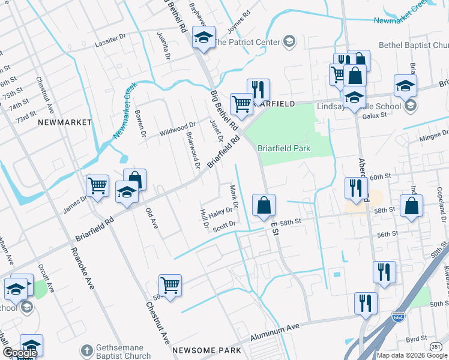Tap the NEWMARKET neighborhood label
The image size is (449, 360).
(x=65, y=122)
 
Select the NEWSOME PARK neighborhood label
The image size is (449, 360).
(x=206, y=350)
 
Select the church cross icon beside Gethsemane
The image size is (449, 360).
(x=87, y=350)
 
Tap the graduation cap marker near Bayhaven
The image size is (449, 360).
(x=203, y=39)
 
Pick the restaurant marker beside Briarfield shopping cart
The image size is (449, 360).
(x=258, y=90)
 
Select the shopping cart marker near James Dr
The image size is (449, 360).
(x=97, y=186)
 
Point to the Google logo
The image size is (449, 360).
(x=19, y=353)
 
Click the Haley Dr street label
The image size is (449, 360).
(x=220, y=212)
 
